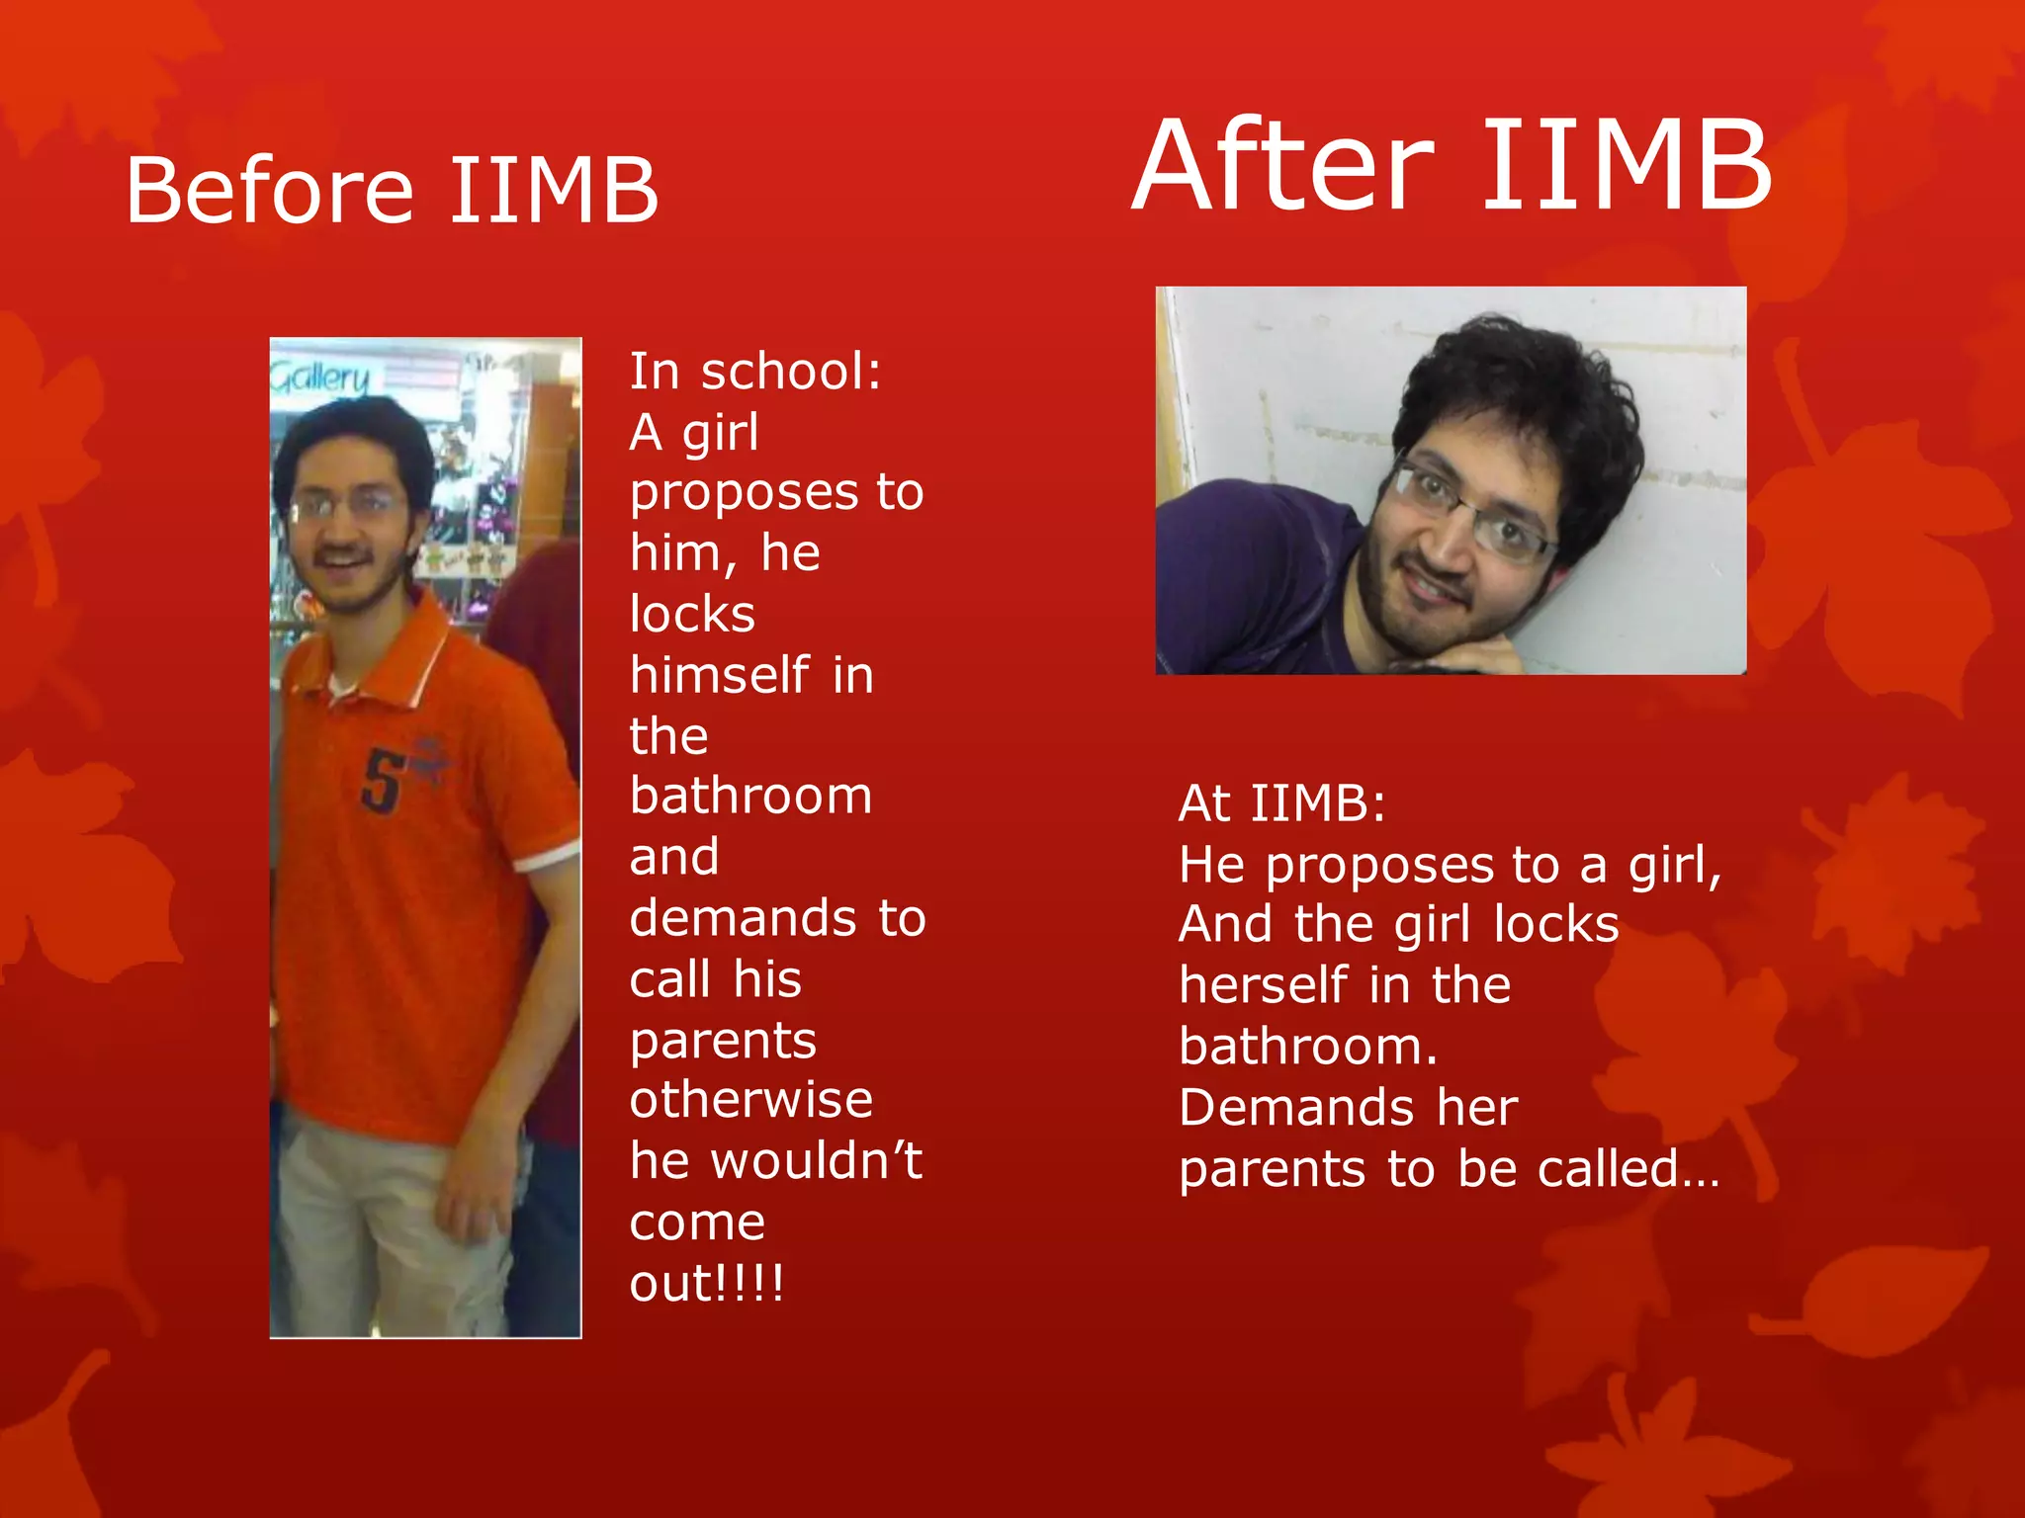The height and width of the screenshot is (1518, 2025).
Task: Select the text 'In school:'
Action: pos(755,373)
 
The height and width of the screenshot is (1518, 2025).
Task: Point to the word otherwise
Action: pos(751,1100)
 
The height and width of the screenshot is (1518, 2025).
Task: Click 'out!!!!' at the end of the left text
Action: pos(707,1284)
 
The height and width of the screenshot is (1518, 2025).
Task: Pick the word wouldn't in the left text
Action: pos(817,1161)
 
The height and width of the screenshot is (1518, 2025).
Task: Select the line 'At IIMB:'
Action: pos(1282,803)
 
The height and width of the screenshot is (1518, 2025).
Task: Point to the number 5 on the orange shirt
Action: pos(381,781)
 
